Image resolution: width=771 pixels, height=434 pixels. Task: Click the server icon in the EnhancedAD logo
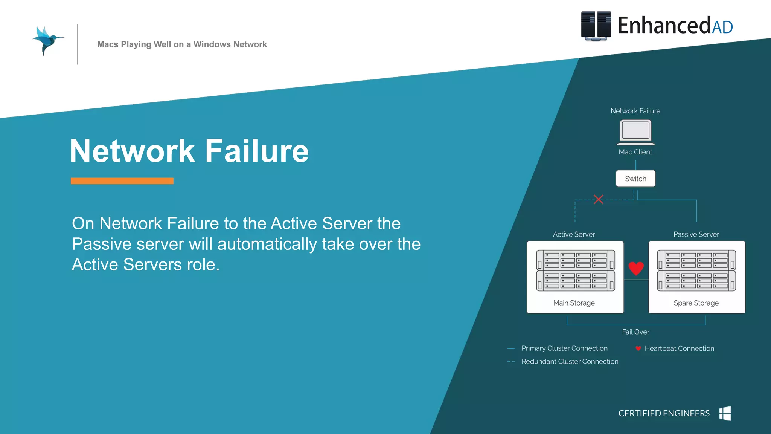[x=596, y=26]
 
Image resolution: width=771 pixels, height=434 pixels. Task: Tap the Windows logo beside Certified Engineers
[x=725, y=413]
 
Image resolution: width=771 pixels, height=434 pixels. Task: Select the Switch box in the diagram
[x=635, y=179]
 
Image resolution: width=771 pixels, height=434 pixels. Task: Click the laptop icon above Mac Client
[x=635, y=132]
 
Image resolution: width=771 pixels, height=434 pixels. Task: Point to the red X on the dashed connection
[x=599, y=199]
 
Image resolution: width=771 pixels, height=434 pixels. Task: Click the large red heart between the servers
[x=636, y=268]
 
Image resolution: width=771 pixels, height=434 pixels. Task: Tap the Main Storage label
[x=574, y=303]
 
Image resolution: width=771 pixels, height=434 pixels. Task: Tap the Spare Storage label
[x=696, y=303]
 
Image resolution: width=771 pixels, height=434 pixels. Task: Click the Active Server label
[x=574, y=234]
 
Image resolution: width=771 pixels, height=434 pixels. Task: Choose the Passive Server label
[x=696, y=234]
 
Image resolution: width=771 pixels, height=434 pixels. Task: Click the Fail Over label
[x=635, y=332]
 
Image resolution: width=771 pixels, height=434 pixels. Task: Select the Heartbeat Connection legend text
[x=679, y=348]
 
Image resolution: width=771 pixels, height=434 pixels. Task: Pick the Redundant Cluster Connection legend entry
[x=570, y=361]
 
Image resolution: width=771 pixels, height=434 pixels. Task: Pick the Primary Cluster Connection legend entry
[x=564, y=348]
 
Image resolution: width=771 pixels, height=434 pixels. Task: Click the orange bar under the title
[x=122, y=181]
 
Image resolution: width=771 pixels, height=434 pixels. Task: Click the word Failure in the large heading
[x=257, y=151]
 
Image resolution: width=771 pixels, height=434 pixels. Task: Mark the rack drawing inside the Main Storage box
[x=575, y=270]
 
